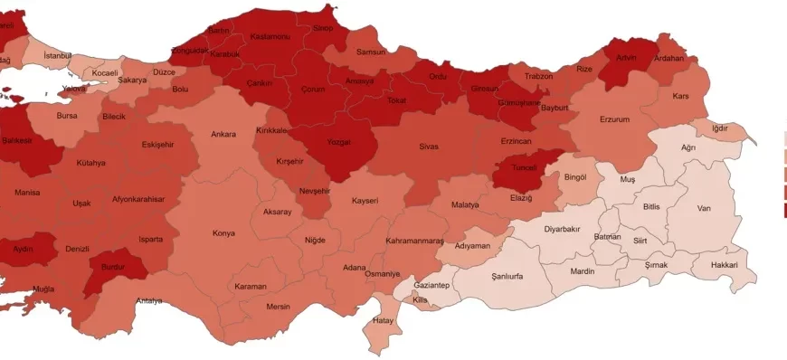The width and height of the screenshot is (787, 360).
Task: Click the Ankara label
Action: [223, 135]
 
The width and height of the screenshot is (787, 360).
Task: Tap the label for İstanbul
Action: [57, 56]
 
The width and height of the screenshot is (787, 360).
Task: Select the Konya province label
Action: [223, 233]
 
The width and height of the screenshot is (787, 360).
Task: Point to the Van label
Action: [705, 208]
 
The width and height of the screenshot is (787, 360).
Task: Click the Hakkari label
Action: [724, 265]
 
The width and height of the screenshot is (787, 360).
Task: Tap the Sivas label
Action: [429, 147]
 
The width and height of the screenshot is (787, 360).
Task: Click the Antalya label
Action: [149, 300]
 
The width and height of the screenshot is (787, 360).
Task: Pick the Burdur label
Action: [113, 269]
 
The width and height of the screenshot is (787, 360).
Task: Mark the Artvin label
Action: [628, 57]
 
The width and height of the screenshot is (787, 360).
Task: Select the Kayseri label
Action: [365, 200]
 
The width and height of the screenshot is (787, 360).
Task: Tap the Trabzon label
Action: [538, 76]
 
